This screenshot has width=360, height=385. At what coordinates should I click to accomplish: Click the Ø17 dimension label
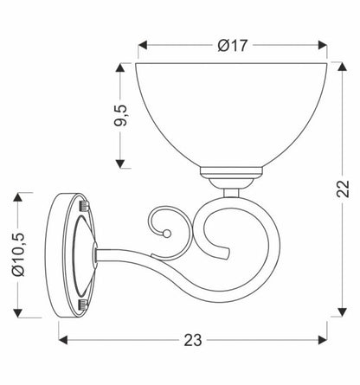pos(233,46)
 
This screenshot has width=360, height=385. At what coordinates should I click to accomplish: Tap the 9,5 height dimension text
pos(120,115)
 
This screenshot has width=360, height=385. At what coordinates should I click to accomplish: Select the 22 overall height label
pos(343,189)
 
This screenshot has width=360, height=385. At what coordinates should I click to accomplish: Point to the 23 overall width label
pos(193,340)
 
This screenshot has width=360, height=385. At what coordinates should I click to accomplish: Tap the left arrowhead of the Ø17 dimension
pos(143,45)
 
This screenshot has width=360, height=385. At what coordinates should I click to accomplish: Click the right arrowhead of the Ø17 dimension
pos(323,45)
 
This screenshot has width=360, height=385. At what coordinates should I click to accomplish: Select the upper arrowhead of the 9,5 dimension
pos(120,67)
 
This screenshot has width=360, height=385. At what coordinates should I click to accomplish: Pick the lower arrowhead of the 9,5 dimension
pos(120,164)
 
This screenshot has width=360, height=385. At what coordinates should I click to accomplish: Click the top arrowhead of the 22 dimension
pos(342,67)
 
